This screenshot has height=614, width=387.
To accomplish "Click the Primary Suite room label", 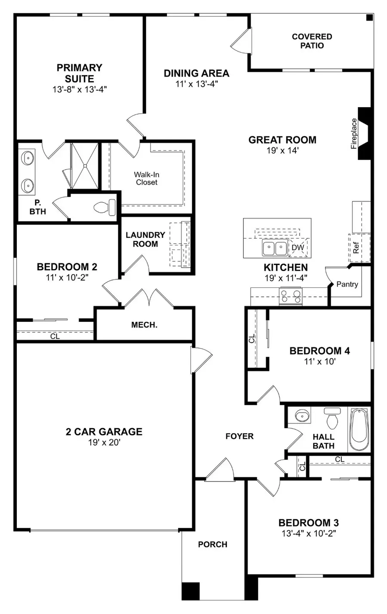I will [x=80, y=73].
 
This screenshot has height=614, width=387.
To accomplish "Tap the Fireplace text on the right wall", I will [x=354, y=133].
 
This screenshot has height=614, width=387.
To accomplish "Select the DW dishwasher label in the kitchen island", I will [x=298, y=247].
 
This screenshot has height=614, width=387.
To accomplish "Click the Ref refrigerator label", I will [x=356, y=248].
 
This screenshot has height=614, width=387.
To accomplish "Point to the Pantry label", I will [x=347, y=284].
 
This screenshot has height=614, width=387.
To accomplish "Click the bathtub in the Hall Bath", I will [x=359, y=429].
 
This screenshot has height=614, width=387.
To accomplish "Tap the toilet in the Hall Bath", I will [x=332, y=417].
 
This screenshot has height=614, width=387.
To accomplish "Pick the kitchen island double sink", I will [x=275, y=248].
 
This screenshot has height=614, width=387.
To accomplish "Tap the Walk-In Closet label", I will [x=147, y=178].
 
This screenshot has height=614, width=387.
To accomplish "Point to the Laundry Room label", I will [x=145, y=239].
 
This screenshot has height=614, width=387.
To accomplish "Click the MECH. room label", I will [x=144, y=325].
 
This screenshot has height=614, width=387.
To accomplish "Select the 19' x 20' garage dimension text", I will [x=104, y=442].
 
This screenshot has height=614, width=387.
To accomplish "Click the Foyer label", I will [x=240, y=436].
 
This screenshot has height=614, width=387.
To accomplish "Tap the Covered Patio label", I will [x=312, y=41].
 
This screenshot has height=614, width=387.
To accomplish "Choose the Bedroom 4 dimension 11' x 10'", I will [x=319, y=361].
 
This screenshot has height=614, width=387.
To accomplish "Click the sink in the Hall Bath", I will [x=302, y=416].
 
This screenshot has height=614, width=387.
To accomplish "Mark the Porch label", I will [x=212, y=544].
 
